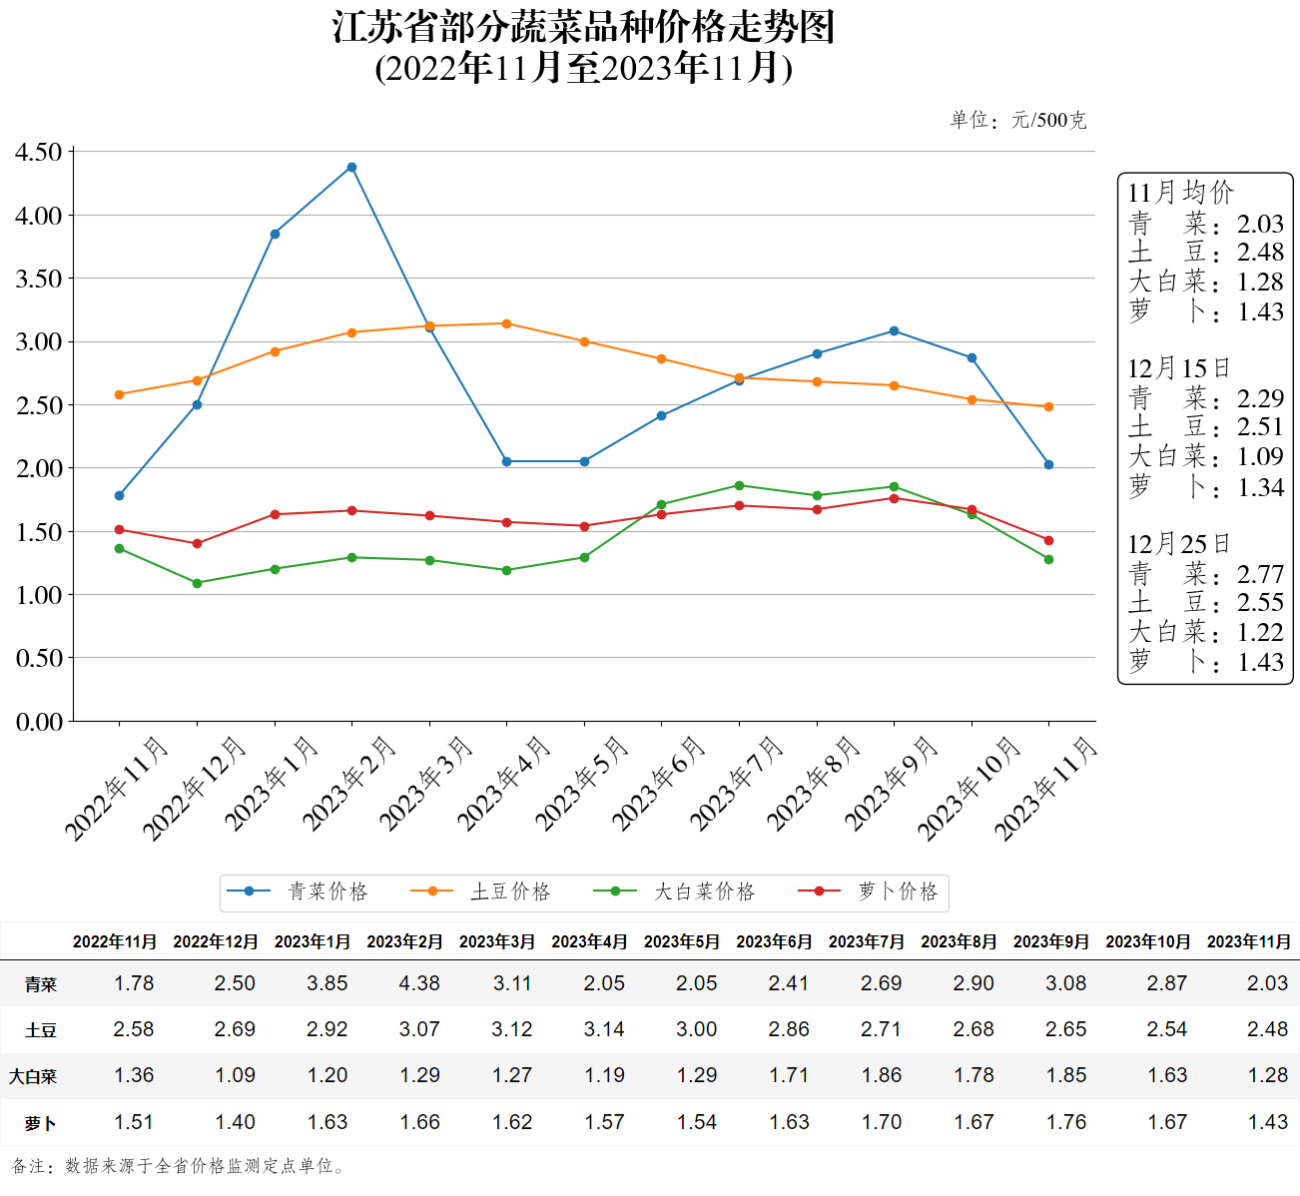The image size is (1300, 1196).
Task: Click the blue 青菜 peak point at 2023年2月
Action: (x=351, y=167)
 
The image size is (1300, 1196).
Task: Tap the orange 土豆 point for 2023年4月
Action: (x=506, y=323)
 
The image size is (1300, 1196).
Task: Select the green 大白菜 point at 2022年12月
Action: (x=197, y=583)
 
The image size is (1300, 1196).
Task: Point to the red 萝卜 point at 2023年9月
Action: (x=894, y=498)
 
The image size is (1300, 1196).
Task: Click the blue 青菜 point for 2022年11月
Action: (x=120, y=495)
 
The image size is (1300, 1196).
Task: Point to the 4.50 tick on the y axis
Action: (x=39, y=152)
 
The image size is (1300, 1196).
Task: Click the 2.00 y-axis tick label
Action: (x=39, y=468)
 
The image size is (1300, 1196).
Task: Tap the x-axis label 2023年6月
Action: (x=659, y=784)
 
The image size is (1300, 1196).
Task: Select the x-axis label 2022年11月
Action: (x=116, y=789)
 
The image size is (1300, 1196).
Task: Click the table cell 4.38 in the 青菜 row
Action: (x=419, y=983)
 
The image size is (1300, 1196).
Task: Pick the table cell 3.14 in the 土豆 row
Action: (x=604, y=1029)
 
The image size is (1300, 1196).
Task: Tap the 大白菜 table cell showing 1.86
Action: (x=882, y=1075)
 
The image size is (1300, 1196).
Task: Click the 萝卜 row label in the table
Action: (x=41, y=1123)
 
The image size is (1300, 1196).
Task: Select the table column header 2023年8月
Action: (x=959, y=941)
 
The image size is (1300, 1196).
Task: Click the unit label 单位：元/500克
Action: (x=1017, y=120)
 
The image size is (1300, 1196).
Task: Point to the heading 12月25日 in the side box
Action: (x=1178, y=544)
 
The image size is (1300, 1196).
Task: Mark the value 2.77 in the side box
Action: (x=1260, y=574)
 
